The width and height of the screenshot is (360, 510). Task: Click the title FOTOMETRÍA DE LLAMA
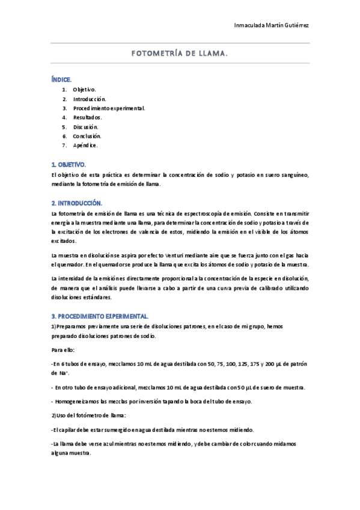(x=180, y=53)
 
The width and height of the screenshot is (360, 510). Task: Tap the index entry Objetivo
(x=85, y=89)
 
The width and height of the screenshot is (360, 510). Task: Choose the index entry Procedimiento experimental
(x=109, y=108)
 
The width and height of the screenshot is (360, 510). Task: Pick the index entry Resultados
(x=88, y=117)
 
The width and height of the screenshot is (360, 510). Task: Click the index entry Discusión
(x=86, y=127)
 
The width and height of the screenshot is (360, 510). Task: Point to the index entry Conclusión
(x=87, y=136)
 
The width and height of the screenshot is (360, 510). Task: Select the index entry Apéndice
(x=85, y=146)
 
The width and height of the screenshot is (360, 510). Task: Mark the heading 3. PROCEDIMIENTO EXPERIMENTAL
(x=100, y=316)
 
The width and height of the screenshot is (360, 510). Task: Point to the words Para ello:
(x=63, y=349)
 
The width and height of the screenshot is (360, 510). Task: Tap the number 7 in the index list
(x=64, y=146)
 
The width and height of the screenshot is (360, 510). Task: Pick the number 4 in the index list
(x=64, y=117)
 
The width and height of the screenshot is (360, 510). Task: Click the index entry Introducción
(x=90, y=99)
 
